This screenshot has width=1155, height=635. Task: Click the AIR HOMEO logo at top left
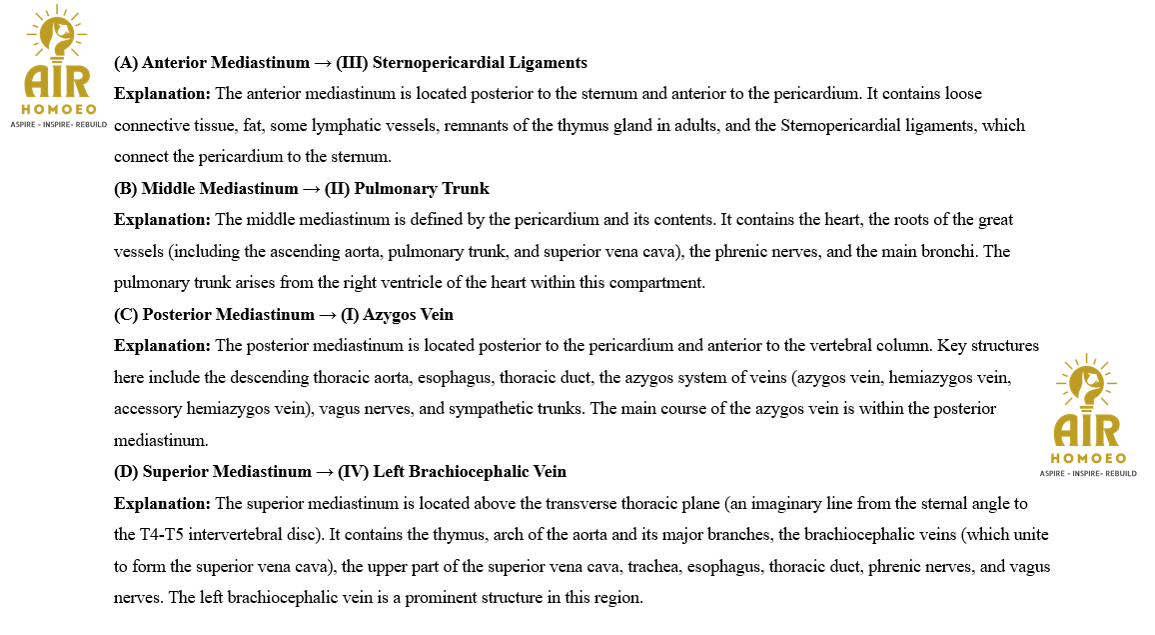pyautogui.click(x=59, y=72)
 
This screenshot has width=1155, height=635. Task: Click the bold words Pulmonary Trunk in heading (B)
pyautogui.click(x=443, y=189)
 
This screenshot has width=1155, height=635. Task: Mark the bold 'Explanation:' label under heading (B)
pyautogui.click(x=163, y=220)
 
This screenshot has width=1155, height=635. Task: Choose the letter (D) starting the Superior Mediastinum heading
pyautogui.click(x=126, y=472)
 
